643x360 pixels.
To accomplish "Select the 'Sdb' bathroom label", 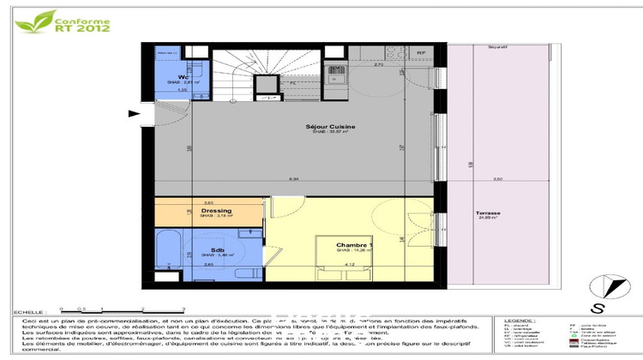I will tap(207, 249).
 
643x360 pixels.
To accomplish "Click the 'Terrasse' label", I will tap(466, 213).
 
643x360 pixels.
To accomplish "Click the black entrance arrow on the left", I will tap(133, 113).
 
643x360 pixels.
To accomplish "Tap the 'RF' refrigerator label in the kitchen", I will tap(421, 53).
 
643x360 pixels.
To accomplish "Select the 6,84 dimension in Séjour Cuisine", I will tap(293, 179).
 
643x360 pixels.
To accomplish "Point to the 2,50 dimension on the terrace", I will tap(497, 179).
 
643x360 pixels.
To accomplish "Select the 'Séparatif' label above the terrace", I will tap(498, 46).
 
